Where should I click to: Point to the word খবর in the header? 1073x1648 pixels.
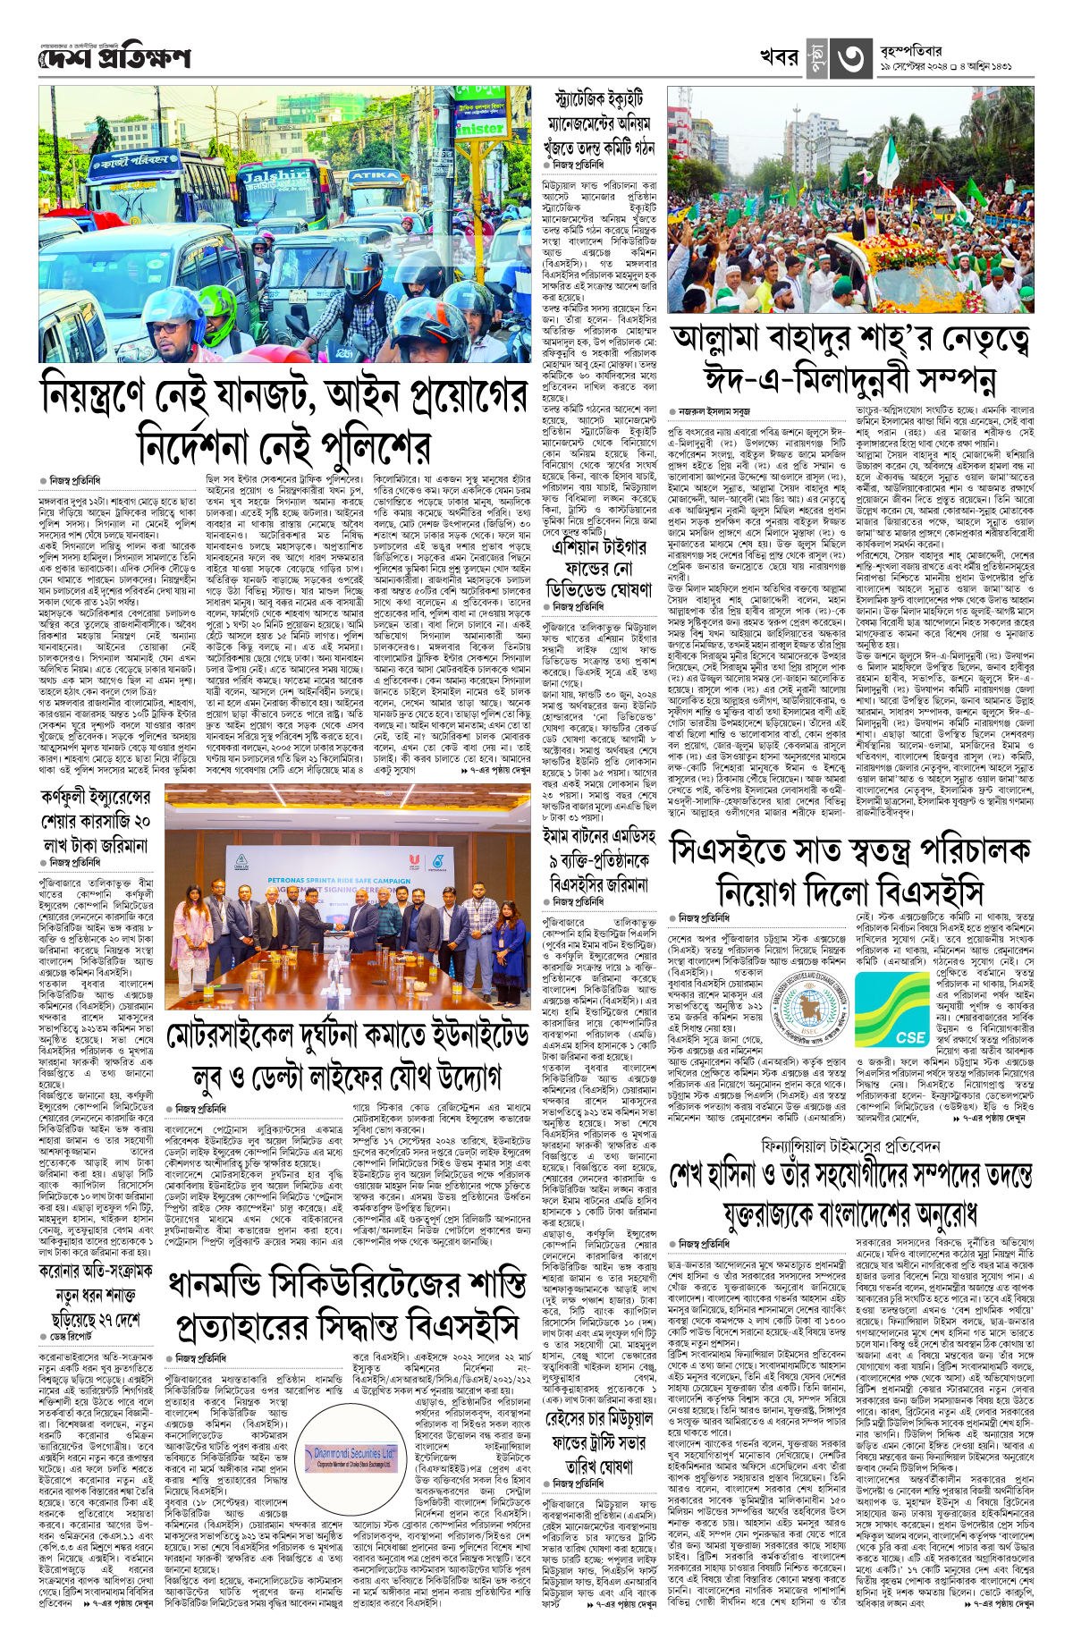click(x=778, y=57)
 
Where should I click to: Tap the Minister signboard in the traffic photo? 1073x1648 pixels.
click(x=479, y=128)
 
